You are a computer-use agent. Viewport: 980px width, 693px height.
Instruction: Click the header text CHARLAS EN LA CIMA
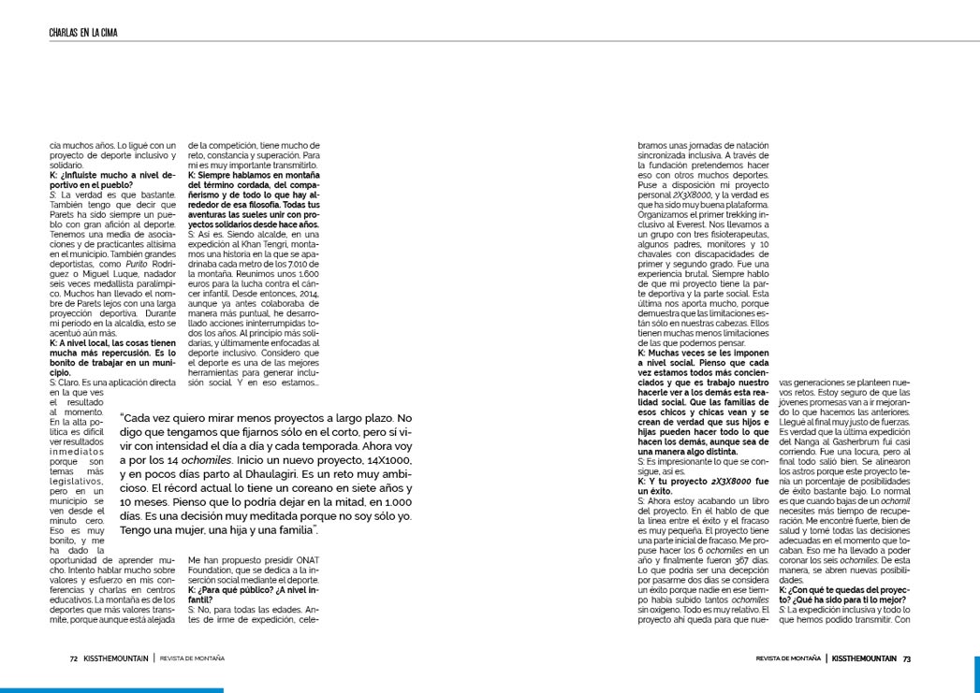pos(89,34)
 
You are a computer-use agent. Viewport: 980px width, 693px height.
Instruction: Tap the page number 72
pos(73,657)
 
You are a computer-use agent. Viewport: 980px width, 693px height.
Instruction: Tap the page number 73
pos(906,657)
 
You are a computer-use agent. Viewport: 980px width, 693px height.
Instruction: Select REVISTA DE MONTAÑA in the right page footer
pos(788,657)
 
